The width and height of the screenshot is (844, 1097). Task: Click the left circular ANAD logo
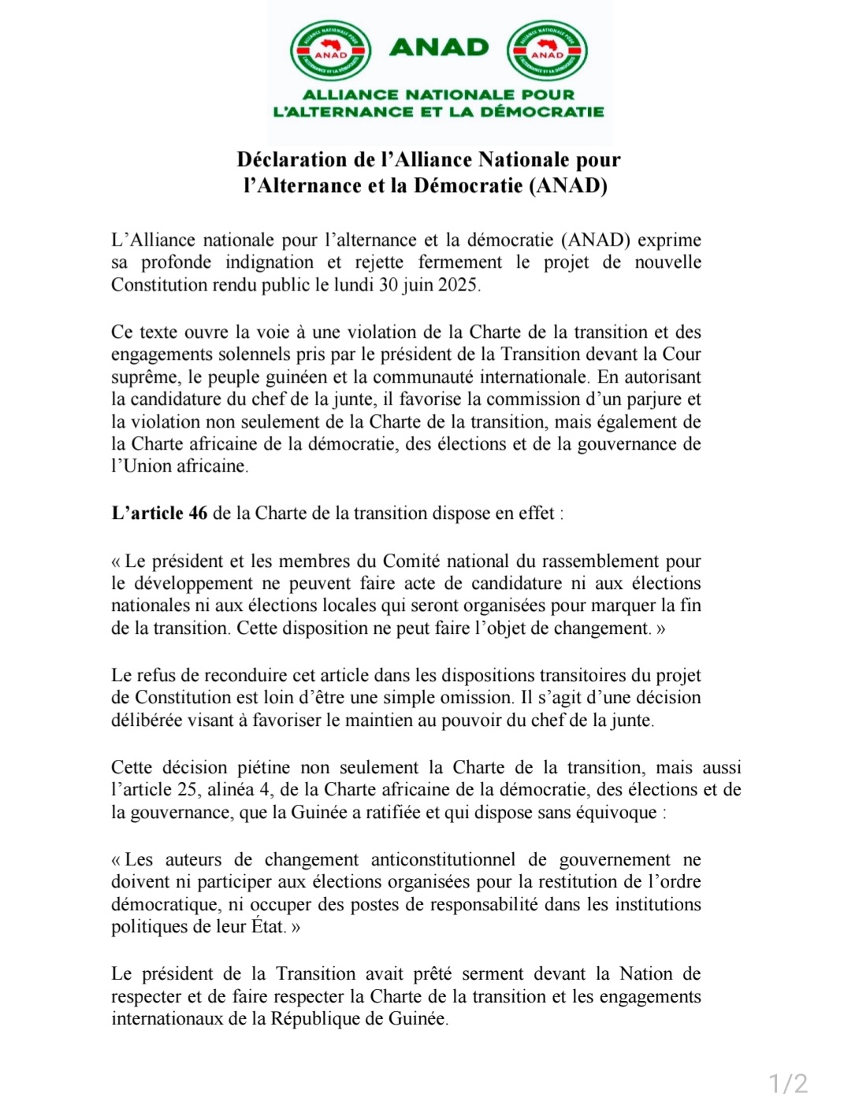pyautogui.click(x=330, y=50)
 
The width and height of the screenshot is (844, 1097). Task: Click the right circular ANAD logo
pyautogui.click(x=547, y=50)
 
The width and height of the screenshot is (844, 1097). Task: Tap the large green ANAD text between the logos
pyautogui.click(x=439, y=47)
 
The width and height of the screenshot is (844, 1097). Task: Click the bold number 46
pyautogui.click(x=198, y=513)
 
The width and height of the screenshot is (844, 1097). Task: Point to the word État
pyautogui.click(x=267, y=927)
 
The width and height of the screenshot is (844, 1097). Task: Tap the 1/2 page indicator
pyautogui.click(x=788, y=1084)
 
